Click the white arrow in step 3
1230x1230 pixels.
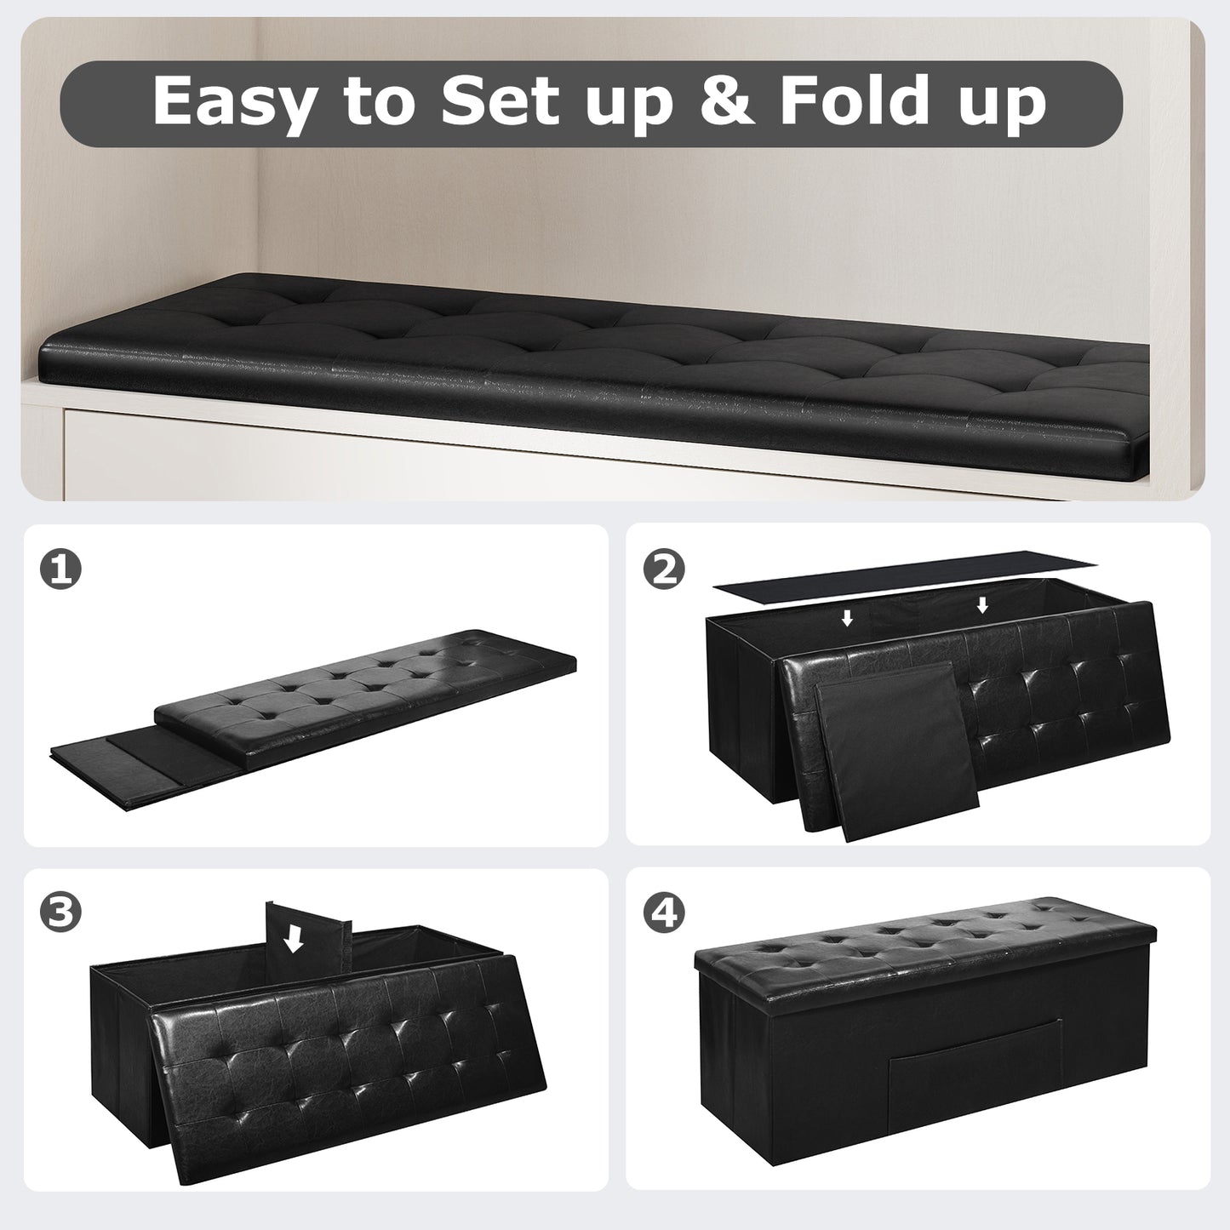coord(295,939)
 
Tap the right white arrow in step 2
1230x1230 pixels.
coord(982,605)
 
